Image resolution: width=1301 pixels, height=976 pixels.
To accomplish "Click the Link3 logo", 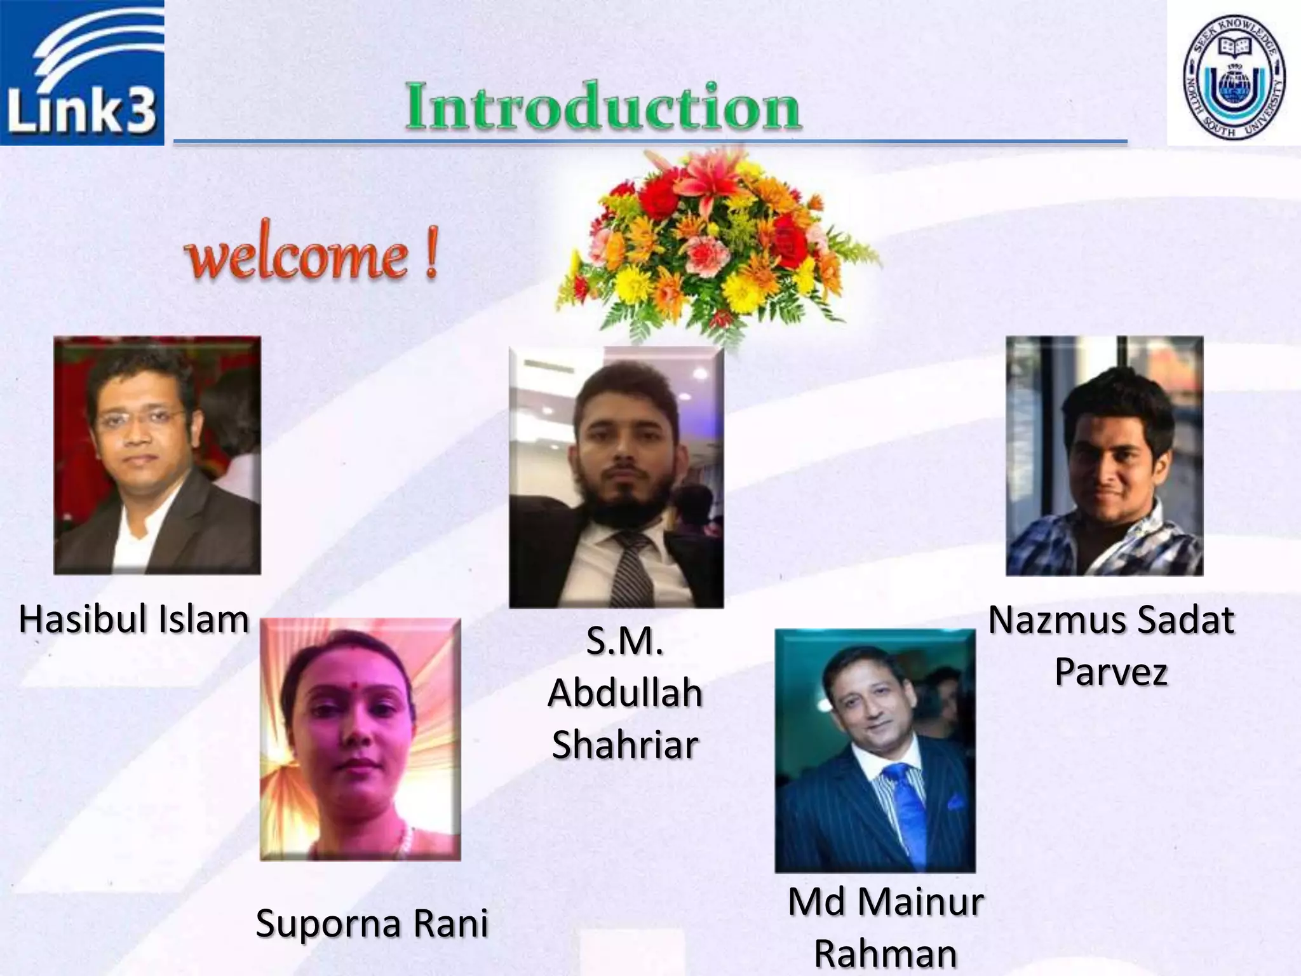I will coord(82,73).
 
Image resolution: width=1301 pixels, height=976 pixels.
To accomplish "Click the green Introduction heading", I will coord(603,107).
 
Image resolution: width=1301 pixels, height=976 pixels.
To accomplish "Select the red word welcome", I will coord(296,257).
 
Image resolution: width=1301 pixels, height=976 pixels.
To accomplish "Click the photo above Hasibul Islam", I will coord(157,455).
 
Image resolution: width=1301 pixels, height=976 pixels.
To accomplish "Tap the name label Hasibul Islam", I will coord(133,620).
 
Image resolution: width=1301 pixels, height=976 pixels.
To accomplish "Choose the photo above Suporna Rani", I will coord(360,739).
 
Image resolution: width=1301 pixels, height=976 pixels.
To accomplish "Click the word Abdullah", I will coord(625,693).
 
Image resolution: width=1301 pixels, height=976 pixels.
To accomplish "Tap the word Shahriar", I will coord(625,745).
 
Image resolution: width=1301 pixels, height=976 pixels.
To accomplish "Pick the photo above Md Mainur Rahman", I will coord(875,750).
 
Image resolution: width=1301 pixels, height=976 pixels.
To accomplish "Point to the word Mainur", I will coord(925,903).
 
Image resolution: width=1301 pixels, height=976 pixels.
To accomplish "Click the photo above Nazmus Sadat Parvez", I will coord(1104,456).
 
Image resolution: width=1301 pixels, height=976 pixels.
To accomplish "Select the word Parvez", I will coord(1111,672).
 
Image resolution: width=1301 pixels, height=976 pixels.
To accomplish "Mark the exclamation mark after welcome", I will coord(431,257).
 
